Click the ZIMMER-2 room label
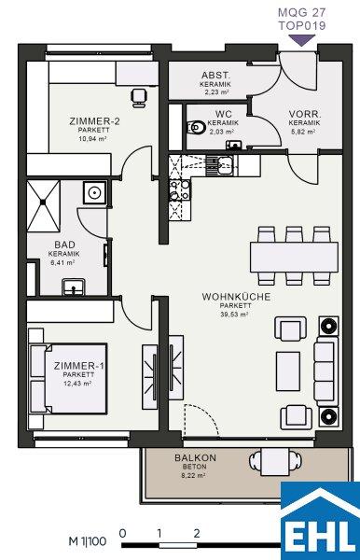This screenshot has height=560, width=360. tap(94, 121)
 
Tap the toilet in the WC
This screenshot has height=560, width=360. tap(196, 128)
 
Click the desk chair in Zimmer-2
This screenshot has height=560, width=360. tap(139, 97)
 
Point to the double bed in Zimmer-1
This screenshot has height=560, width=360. tap(68, 379)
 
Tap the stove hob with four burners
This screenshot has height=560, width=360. tap(180, 190)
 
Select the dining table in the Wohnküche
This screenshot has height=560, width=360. tap(294, 258)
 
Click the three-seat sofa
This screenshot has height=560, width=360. tap(325, 373)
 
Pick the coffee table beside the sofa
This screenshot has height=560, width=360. tap(288, 371)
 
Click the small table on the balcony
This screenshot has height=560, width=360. tap(275, 462)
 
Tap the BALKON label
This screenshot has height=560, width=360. tap(195, 458)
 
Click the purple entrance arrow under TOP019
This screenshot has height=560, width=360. tap(302, 40)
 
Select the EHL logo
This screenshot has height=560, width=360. tap(320, 521)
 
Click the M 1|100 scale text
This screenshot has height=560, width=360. tap(88, 541)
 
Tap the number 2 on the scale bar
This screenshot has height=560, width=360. tap(197, 534)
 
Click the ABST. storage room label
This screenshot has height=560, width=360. tap(215, 76)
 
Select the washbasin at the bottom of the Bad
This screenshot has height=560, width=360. tap(74, 287)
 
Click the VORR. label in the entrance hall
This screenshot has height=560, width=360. tap(305, 114)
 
